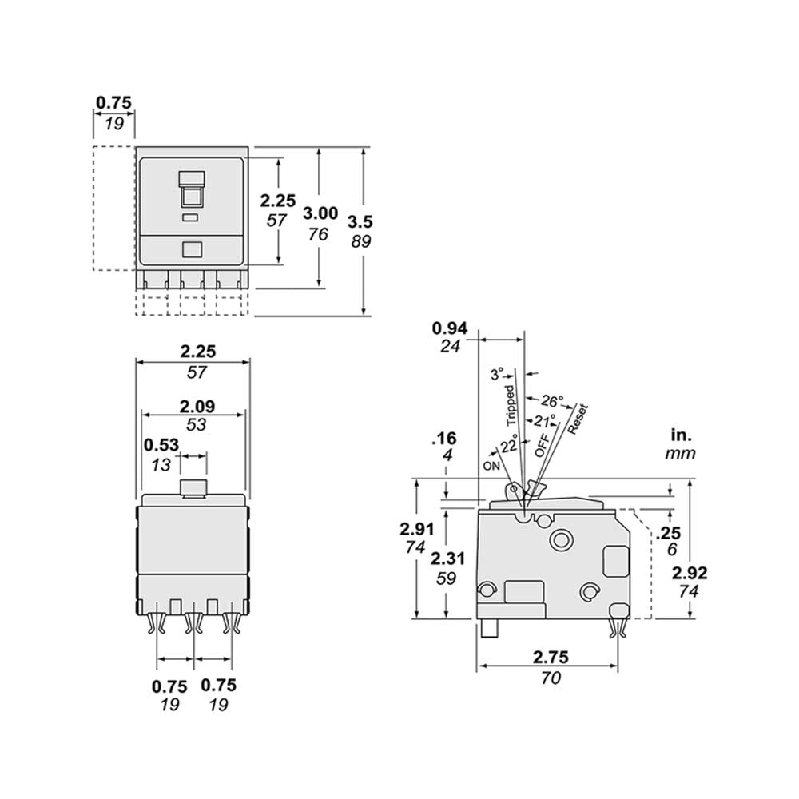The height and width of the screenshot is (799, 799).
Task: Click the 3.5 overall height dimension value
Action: [360, 221]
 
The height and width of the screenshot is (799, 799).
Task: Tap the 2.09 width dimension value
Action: [195, 406]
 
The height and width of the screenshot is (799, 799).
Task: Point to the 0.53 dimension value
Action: [161, 446]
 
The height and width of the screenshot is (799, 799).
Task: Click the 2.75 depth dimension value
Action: [550, 658]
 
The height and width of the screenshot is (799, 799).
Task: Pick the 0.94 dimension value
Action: [449, 328]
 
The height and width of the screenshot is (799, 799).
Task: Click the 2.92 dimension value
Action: [690, 573]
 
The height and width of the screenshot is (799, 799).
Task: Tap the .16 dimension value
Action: [443, 438]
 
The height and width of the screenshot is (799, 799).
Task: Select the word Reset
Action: [578, 419]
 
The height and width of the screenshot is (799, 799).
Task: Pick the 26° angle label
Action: [552, 400]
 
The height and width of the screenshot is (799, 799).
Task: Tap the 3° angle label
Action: [498, 374]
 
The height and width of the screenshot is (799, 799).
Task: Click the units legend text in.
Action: [680, 435]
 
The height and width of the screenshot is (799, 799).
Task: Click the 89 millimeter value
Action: [360, 240]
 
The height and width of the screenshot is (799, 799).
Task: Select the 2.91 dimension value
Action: [416, 528]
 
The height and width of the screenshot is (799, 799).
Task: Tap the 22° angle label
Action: [509, 444]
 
